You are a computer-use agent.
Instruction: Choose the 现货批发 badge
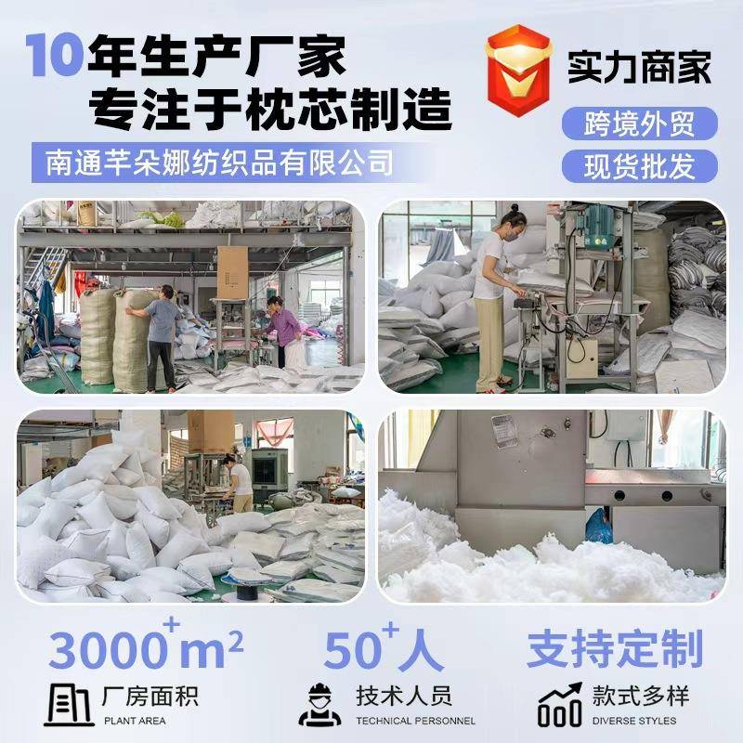point(640,166)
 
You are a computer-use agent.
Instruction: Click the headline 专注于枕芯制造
point(269,110)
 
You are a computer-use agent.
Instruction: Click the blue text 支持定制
point(614,649)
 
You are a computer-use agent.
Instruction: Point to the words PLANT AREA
point(136,721)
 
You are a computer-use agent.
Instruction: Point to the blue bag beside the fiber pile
point(599,526)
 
